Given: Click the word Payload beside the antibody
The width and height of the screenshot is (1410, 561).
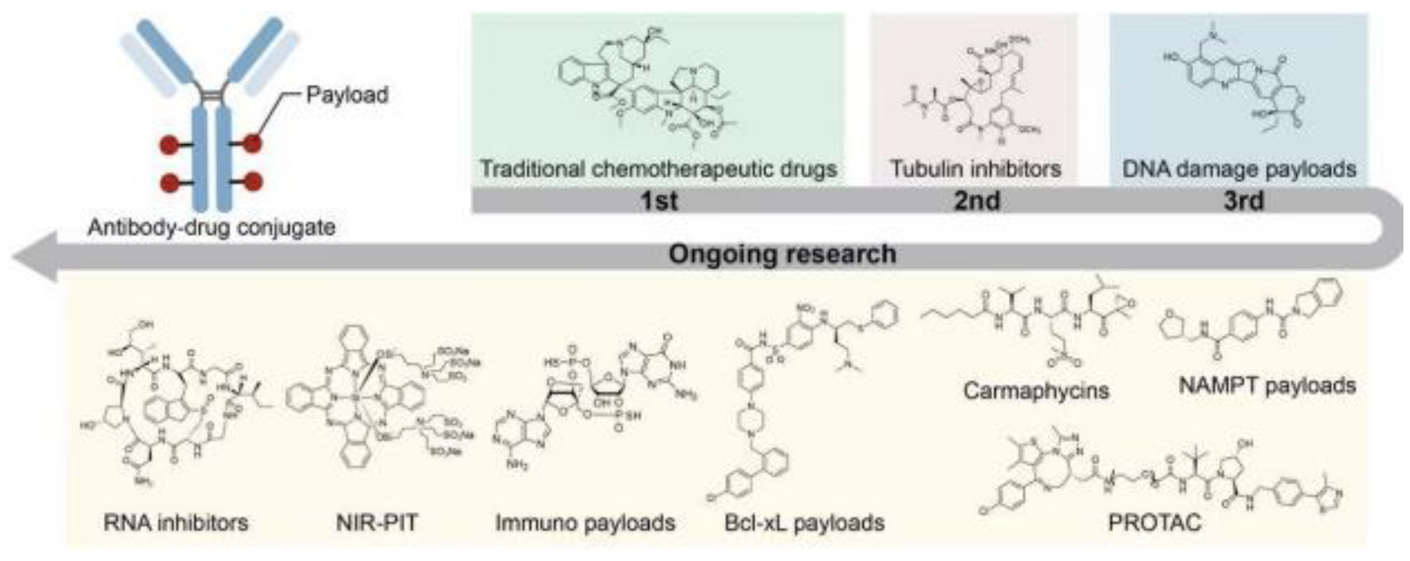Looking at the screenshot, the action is tap(347, 95).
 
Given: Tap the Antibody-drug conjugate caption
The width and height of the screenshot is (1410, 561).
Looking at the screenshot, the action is tap(212, 227).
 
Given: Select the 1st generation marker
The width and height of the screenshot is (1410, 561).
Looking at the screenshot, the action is tap(659, 201).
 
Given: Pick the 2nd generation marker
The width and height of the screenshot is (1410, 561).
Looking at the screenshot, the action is tap(976, 201).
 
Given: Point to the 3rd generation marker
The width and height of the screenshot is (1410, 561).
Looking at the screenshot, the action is tap(1243, 201).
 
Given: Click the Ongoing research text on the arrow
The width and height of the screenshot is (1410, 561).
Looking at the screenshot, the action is tap(782, 254).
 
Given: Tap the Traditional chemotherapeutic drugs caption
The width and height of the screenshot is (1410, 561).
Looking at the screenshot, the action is tap(658, 169).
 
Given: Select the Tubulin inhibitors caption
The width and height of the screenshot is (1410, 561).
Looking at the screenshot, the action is tap(975, 169).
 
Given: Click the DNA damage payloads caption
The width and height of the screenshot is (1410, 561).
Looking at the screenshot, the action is tap(1239, 169).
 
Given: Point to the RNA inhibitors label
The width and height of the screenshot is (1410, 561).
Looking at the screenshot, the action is tap(176, 522).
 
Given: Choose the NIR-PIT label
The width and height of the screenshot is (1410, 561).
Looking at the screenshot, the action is tap(376, 522).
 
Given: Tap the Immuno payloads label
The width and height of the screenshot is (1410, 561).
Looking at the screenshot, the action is tap(585, 522).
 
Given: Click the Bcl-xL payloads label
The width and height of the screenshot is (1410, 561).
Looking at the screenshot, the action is tap(804, 522).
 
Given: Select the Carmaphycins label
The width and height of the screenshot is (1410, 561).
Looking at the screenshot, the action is tap(1035, 390).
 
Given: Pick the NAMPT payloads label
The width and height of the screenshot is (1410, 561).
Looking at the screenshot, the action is tap(1266, 385).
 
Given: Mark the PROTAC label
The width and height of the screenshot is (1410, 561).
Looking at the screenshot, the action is tap(1154, 522).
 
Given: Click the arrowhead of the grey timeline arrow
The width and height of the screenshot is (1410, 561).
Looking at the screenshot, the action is tap(33, 255).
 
